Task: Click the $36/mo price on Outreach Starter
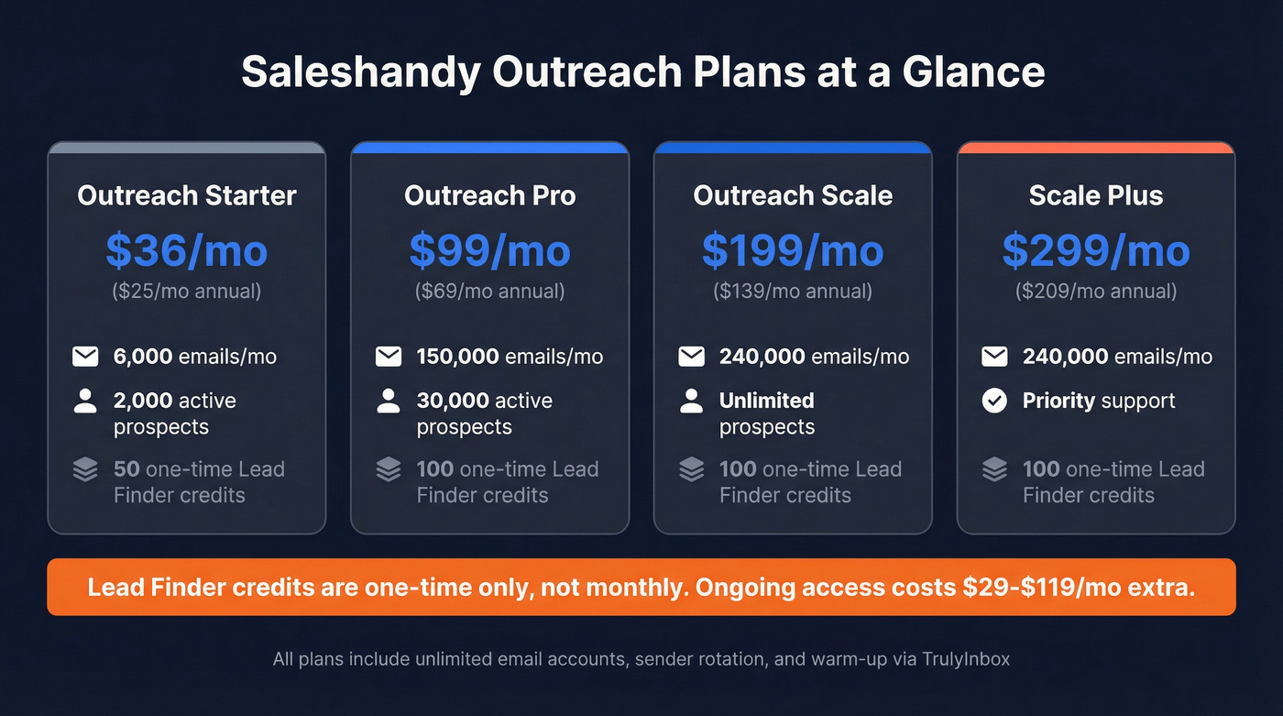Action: tap(187, 250)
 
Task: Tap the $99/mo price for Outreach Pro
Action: tap(489, 250)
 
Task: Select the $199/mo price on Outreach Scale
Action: tap(793, 250)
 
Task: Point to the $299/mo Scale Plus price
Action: tap(1096, 250)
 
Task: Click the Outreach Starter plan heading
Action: tap(187, 195)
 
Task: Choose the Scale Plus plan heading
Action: tap(1096, 195)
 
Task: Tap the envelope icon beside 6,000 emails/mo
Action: tap(85, 357)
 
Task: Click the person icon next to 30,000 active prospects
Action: tap(389, 401)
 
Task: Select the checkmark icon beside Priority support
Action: tap(994, 401)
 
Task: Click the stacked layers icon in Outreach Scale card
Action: tap(692, 469)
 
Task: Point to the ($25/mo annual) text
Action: tap(187, 292)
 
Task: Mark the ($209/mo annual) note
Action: tap(1096, 292)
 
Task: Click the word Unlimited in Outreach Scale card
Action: tap(766, 401)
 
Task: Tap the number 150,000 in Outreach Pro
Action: tap(457, 357)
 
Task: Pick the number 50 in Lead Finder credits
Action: tap(126, 469)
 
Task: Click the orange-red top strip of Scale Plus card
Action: tap(1096, 147)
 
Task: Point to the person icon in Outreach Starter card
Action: tap(85, 401)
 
